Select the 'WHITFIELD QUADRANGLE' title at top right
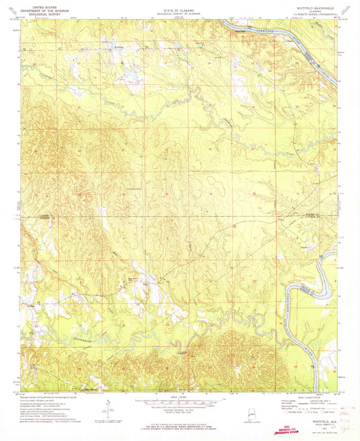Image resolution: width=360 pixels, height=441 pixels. click(311, 5)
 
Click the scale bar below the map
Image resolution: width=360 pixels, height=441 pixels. click(179, 403)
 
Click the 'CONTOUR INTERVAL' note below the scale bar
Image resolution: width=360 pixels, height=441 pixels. click(179, 410)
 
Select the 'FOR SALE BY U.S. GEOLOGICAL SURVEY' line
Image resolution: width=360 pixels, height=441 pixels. click(179, 425)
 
